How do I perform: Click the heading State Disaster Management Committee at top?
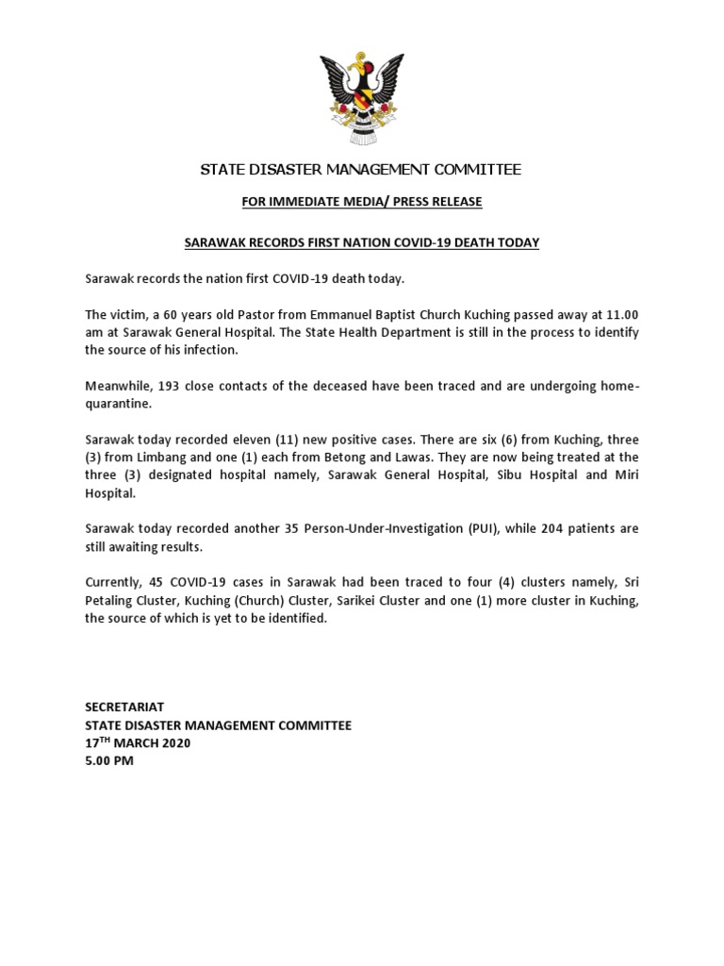click(361, 170)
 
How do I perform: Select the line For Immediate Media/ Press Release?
click(361, 201)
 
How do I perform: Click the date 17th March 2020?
click(138, 743)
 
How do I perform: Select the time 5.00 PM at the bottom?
click(109, 761)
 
